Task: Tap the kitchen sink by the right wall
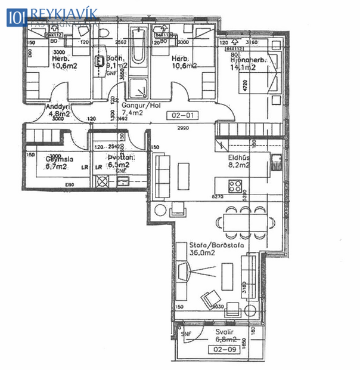(x=276, y=159)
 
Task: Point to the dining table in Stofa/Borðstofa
(x=244, y=221)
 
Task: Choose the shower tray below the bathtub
(x=139, y=90)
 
